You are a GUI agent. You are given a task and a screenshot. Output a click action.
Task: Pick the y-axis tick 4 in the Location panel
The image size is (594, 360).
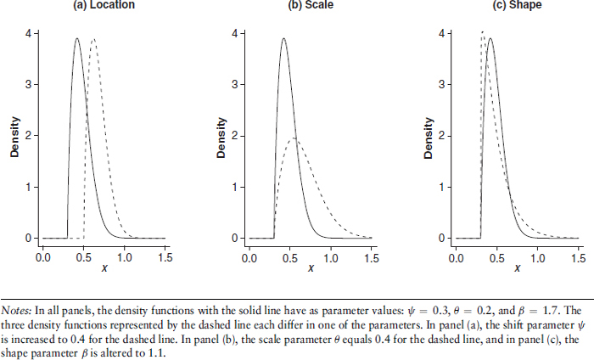pyautogui.click(x=29, y=34)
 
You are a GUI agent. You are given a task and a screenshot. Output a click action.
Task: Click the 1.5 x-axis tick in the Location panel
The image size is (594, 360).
pyautogui.click(x=165, y=255)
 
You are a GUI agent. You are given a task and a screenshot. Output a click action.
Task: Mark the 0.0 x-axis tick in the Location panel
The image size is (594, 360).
pyautogui.click(x=42, y=255)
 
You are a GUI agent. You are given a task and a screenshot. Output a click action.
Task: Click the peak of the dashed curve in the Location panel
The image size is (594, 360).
pyautogui.click(x=93, y=38)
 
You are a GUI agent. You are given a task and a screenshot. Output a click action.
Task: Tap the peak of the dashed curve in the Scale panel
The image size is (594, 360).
pyautogui.click(x=294, y=138)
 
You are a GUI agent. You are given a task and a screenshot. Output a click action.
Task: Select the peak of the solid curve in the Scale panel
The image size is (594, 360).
pyautogui.click(x=283, y=38)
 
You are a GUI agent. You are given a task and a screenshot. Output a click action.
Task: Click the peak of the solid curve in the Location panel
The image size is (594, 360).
pyautogui.click(x=76, y=38)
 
